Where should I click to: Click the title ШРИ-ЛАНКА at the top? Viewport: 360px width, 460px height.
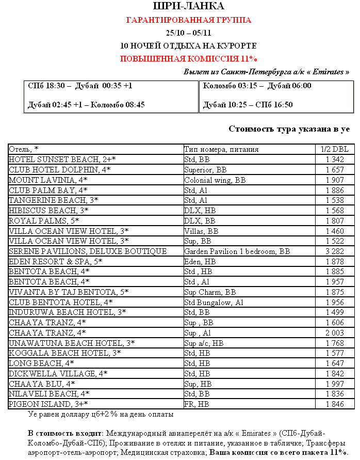(188, 6)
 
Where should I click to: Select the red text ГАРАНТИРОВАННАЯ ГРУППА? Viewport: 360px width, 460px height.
(188, 20)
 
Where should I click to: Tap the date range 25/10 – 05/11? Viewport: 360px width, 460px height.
(188, 33)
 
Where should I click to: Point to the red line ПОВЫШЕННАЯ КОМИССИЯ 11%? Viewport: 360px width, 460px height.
(188, 58)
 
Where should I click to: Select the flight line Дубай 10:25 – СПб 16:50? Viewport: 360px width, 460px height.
(248, 105)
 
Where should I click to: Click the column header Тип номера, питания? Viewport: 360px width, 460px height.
(221, 149)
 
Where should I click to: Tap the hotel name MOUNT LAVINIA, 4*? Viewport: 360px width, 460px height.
(48, 180)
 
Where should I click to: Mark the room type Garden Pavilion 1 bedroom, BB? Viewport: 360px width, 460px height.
(237, 251)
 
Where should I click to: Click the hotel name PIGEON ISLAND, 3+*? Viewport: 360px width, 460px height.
(48, 404)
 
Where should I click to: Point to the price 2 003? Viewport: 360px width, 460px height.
(335, 332)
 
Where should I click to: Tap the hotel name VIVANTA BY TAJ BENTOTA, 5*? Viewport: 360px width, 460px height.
(69, 292)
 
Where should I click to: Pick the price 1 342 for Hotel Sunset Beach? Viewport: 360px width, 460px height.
(335, 160)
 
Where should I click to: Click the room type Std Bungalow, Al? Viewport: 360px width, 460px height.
(214, 302)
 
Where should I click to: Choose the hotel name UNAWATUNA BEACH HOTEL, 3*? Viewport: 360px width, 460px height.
(72, 343)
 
